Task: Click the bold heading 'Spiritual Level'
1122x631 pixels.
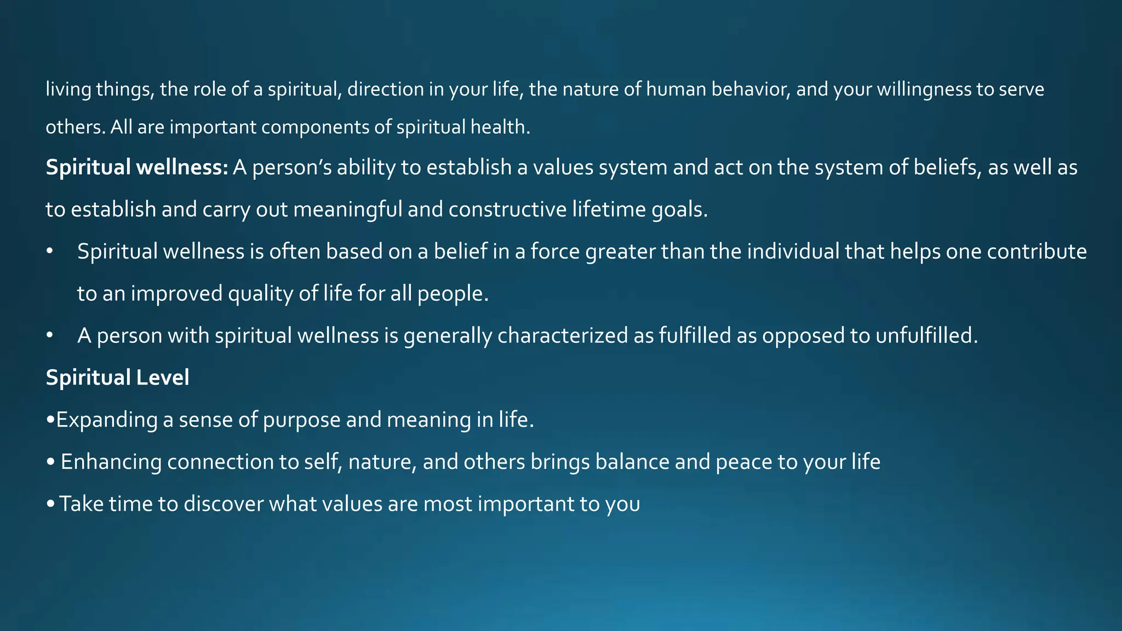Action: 117,378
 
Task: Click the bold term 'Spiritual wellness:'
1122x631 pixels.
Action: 137,168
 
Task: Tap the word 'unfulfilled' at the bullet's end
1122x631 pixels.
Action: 926,336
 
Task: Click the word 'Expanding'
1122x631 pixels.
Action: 107,420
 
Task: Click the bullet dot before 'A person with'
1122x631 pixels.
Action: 50,336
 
